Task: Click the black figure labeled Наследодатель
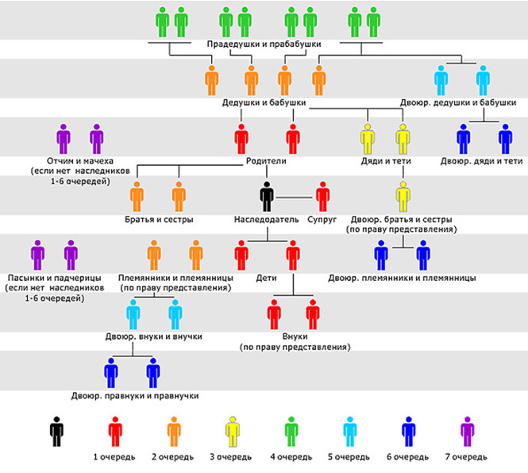(267, 197)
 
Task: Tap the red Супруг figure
(322, 197)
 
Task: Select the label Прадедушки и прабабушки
(264, 44)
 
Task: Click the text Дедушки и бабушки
(264, 102)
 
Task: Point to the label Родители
(266, 161)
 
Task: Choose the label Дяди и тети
(386, 161)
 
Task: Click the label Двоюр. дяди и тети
(481, 161)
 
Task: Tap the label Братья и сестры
(159, 220)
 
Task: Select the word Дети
(266, 278)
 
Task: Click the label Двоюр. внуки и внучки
(154, 336)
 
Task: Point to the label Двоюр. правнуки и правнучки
(135, 395)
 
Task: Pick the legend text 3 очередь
(231, 457)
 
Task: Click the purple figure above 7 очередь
(467, 432)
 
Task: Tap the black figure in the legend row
(56, 432)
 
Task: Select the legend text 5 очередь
(349, 457)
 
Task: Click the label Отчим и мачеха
(80, 161)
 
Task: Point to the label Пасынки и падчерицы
(54, 278)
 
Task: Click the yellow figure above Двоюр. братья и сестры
(403, 197)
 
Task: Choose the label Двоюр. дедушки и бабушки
(458, 102)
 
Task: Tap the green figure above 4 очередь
(291, 432)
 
